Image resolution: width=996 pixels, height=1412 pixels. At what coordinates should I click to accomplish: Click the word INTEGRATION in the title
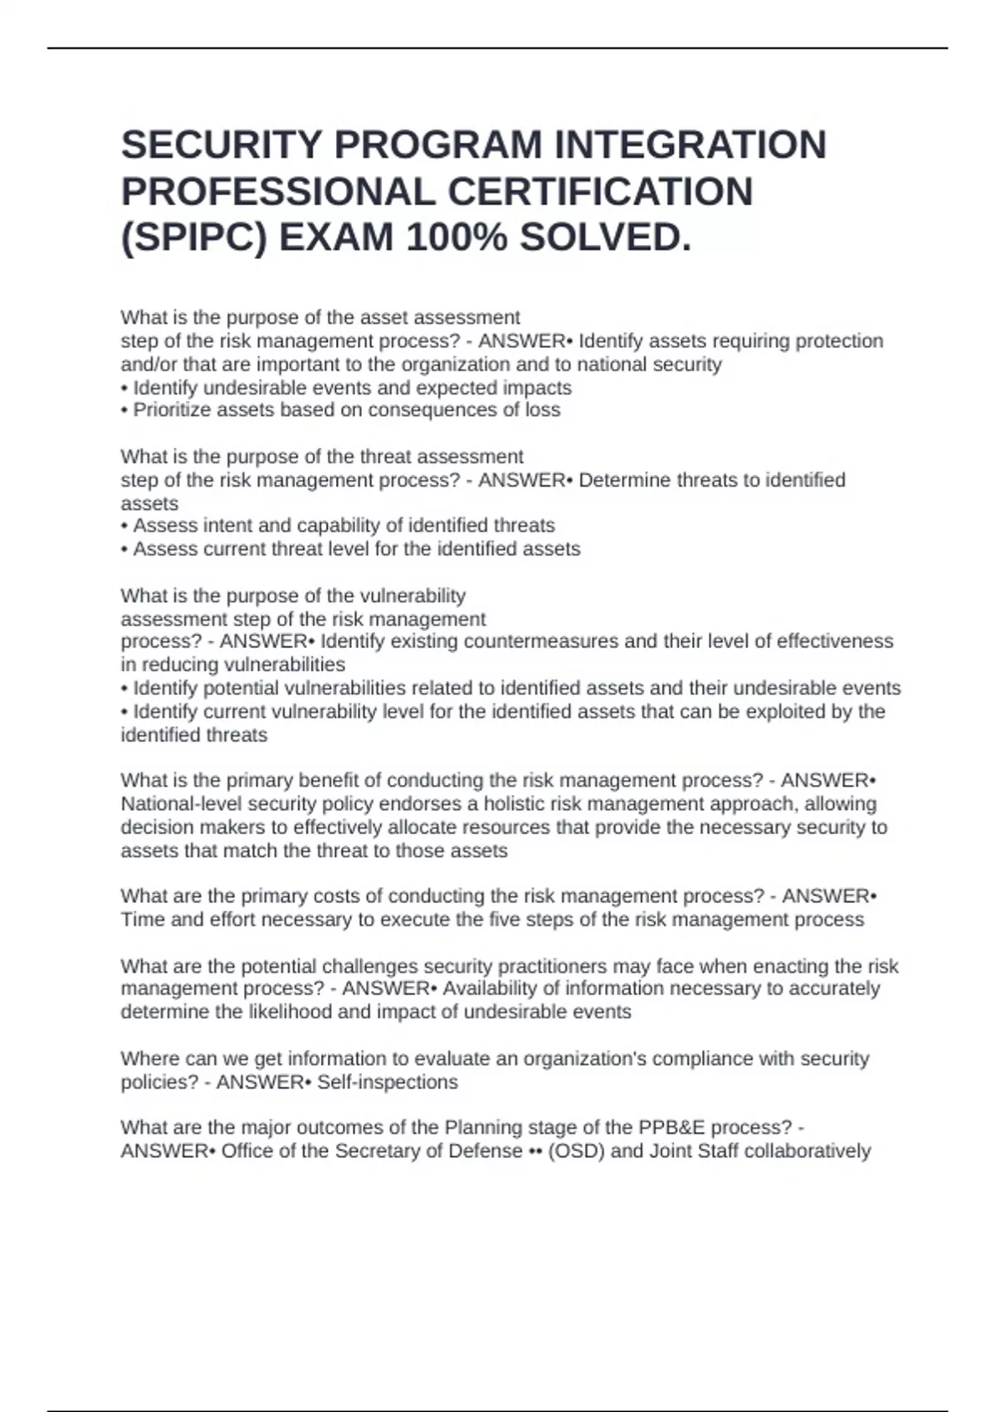coord(690,145)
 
